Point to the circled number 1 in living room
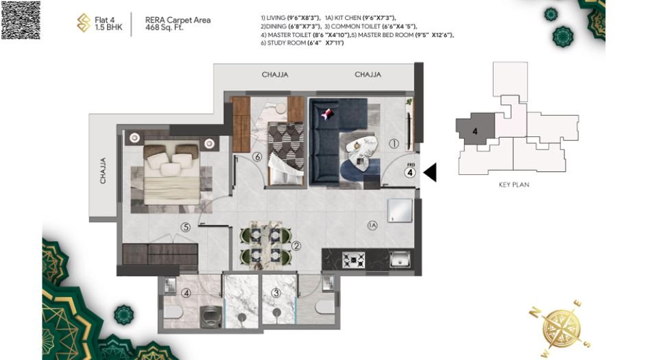coord(394,145)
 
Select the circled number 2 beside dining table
coord(296,245)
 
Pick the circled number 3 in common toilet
coord(275,293)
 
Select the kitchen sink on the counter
coord(399,259)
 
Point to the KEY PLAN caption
coord(513,184)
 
